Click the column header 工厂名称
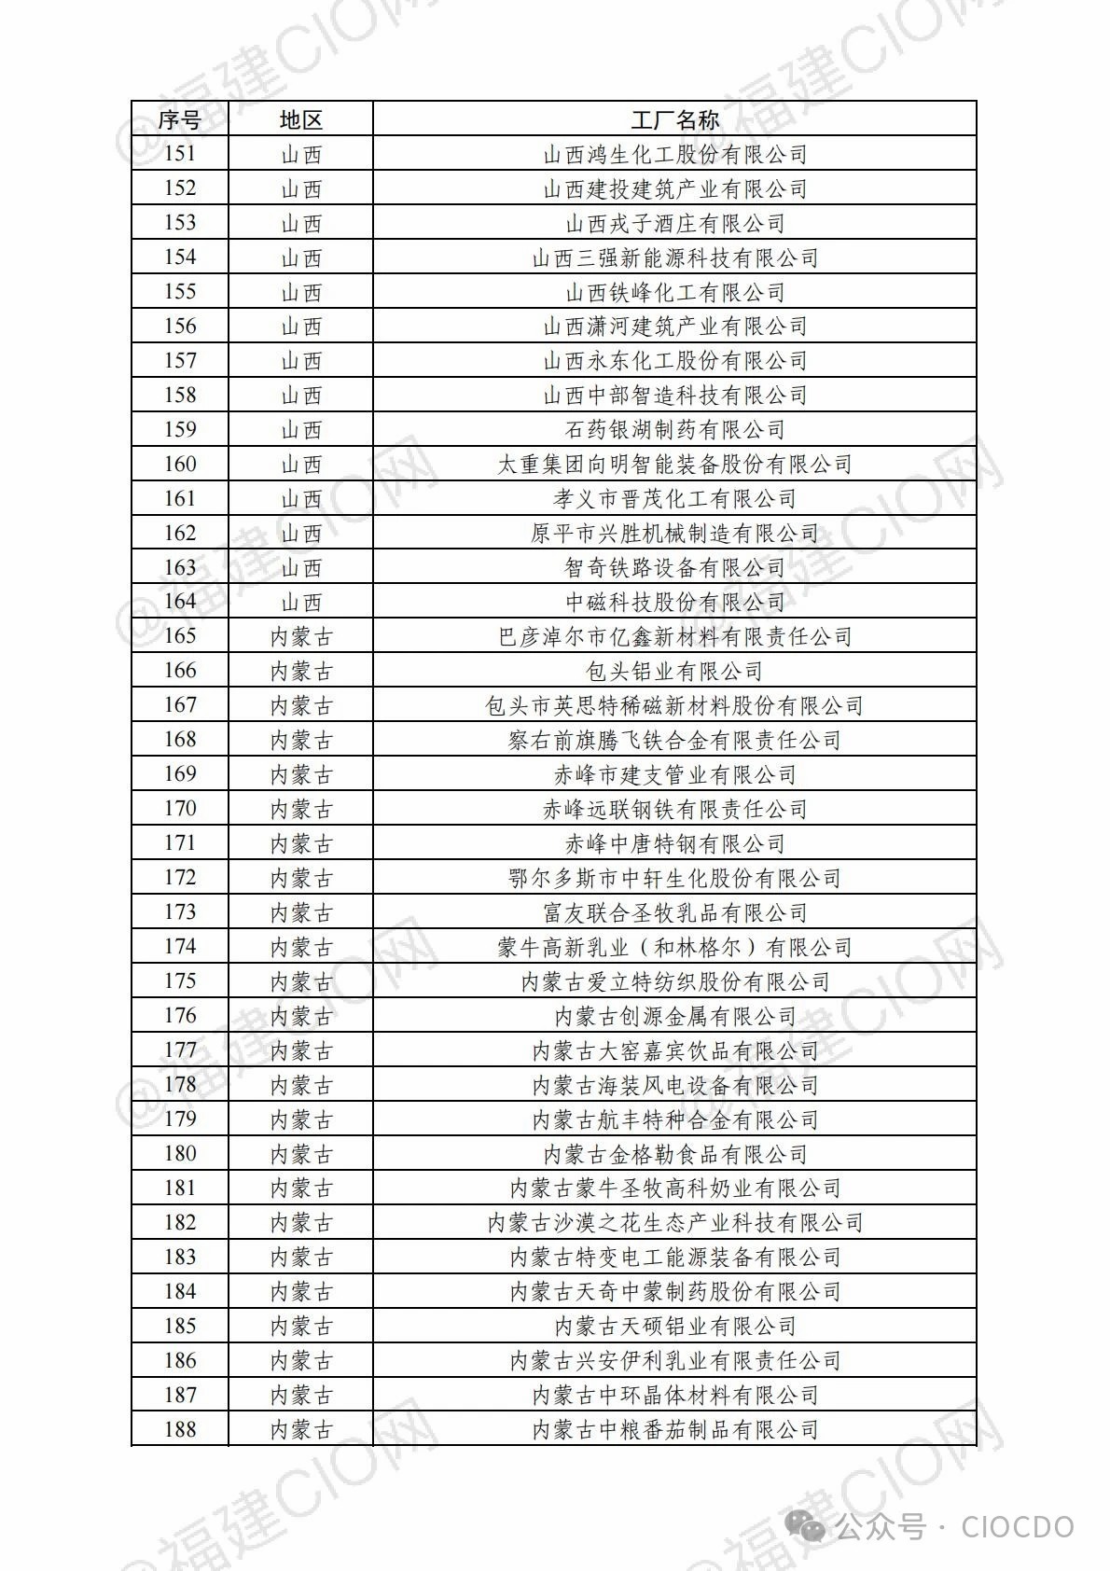(x=674, y=120)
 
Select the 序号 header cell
(x=179, y=120)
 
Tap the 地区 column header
(x=300, y=120)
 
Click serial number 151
(x=180, y=154)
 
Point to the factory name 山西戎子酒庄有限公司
(x=674, y=224)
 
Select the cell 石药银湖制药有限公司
(x=674, y=430)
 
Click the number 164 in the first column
(x=180, y=602)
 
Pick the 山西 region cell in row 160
(x=300, y=465)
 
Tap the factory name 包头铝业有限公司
(x=674, y=672)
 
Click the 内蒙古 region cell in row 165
(x=300, y=637)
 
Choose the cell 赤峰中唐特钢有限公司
(x=674, y=844)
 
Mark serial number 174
(x=180, y=947)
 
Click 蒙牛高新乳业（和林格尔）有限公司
(x=674, y=948)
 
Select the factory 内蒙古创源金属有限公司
(x=674, y=1016)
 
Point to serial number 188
(x=180, y=1429)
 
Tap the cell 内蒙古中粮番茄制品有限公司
(x=674, y=1429)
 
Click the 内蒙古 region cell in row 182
(x=300, y=1223)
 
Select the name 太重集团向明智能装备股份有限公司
(x=674, y=465)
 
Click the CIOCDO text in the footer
(x=1018, y=1526)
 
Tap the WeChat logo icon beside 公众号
(x=806, y=1526)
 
